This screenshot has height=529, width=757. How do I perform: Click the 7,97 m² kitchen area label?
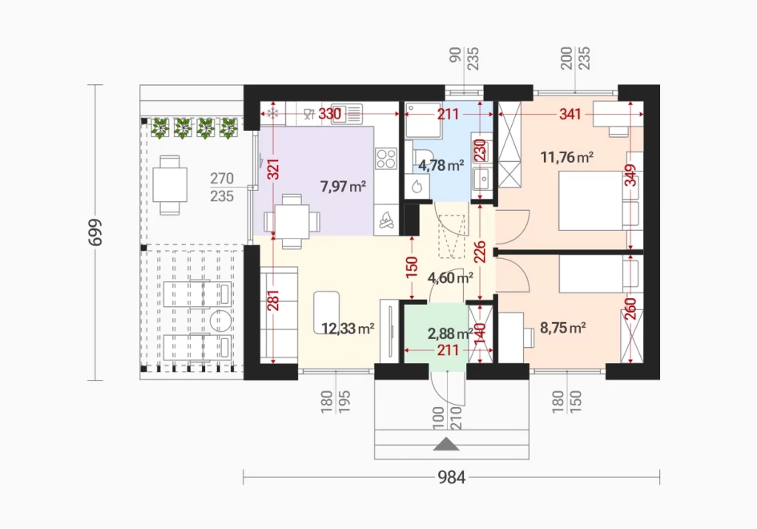(x=343, y=186)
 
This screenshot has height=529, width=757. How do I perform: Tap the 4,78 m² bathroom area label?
(x=441, y=165)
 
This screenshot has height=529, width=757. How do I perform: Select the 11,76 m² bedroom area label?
(x=567, y=157)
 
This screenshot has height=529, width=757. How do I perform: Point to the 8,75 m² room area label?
(x=563, y=328)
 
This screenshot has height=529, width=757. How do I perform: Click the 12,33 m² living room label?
(x=348, y=329)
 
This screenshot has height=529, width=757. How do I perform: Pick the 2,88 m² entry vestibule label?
(x=450, y=333)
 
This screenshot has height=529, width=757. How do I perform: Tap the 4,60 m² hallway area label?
(x=450, y=278)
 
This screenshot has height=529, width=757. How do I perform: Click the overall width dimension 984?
(x=452, y=478)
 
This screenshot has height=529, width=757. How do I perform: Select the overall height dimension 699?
(x=95, y=232)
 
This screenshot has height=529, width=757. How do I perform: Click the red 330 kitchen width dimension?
(x=330, y=114)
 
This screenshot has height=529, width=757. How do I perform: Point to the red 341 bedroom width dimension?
(x=570, y=114)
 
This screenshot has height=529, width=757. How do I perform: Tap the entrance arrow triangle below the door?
(x=446, y=444)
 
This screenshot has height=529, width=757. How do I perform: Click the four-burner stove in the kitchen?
(x=386, y=159)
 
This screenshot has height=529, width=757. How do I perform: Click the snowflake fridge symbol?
(x=273, y=114)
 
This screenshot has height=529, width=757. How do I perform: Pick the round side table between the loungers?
(x=220, y=321)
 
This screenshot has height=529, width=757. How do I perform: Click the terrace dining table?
(x=170, y=184)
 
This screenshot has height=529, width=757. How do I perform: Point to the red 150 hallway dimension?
(x=411, y=267)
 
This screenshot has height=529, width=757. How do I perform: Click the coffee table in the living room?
(x=326, y=313)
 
